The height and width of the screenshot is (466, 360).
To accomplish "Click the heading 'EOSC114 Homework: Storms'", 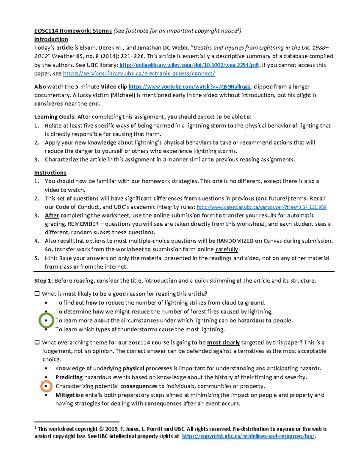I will (73, 31).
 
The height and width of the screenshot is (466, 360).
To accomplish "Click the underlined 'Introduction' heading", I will (51, 39).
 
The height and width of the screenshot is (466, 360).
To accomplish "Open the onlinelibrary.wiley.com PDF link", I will (189, 65).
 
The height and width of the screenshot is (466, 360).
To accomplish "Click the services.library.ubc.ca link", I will (139, 74).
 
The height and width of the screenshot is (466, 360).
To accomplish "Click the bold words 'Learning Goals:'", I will (55, 117).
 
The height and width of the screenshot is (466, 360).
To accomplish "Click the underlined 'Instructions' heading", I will (50, 173).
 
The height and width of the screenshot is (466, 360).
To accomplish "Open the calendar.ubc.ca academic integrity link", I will (261, 207).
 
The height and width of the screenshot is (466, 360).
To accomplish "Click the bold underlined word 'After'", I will (52, 215).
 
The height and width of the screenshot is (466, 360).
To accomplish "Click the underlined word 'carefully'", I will (227, 249).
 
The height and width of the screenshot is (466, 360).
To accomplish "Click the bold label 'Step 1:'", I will (43, 281).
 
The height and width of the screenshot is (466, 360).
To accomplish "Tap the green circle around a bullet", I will (46, 320).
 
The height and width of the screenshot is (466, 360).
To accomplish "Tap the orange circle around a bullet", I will (46, 386).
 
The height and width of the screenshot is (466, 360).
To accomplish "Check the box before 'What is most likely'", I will (37, 294).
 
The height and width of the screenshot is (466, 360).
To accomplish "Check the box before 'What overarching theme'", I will (37, 342).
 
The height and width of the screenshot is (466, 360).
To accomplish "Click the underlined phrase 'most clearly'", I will (223, 343).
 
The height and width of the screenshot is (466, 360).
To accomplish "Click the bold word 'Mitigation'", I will (69, 395).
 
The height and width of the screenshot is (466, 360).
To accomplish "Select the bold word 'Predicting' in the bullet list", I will (69, 377).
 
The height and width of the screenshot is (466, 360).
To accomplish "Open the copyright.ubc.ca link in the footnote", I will (248, 436).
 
